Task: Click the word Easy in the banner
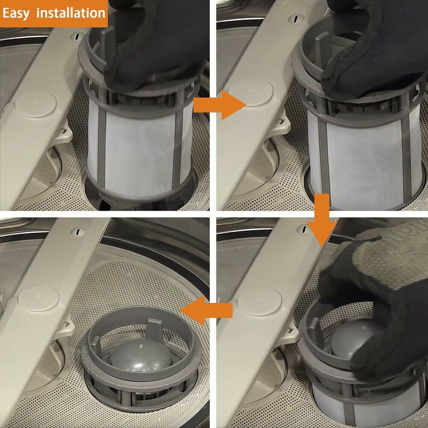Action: coord(16,13)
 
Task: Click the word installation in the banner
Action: coord(71,13)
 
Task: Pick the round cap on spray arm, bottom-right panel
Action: coord(259,302)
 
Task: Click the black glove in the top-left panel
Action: coord(158,47)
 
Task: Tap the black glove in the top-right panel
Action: coord(377,51)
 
